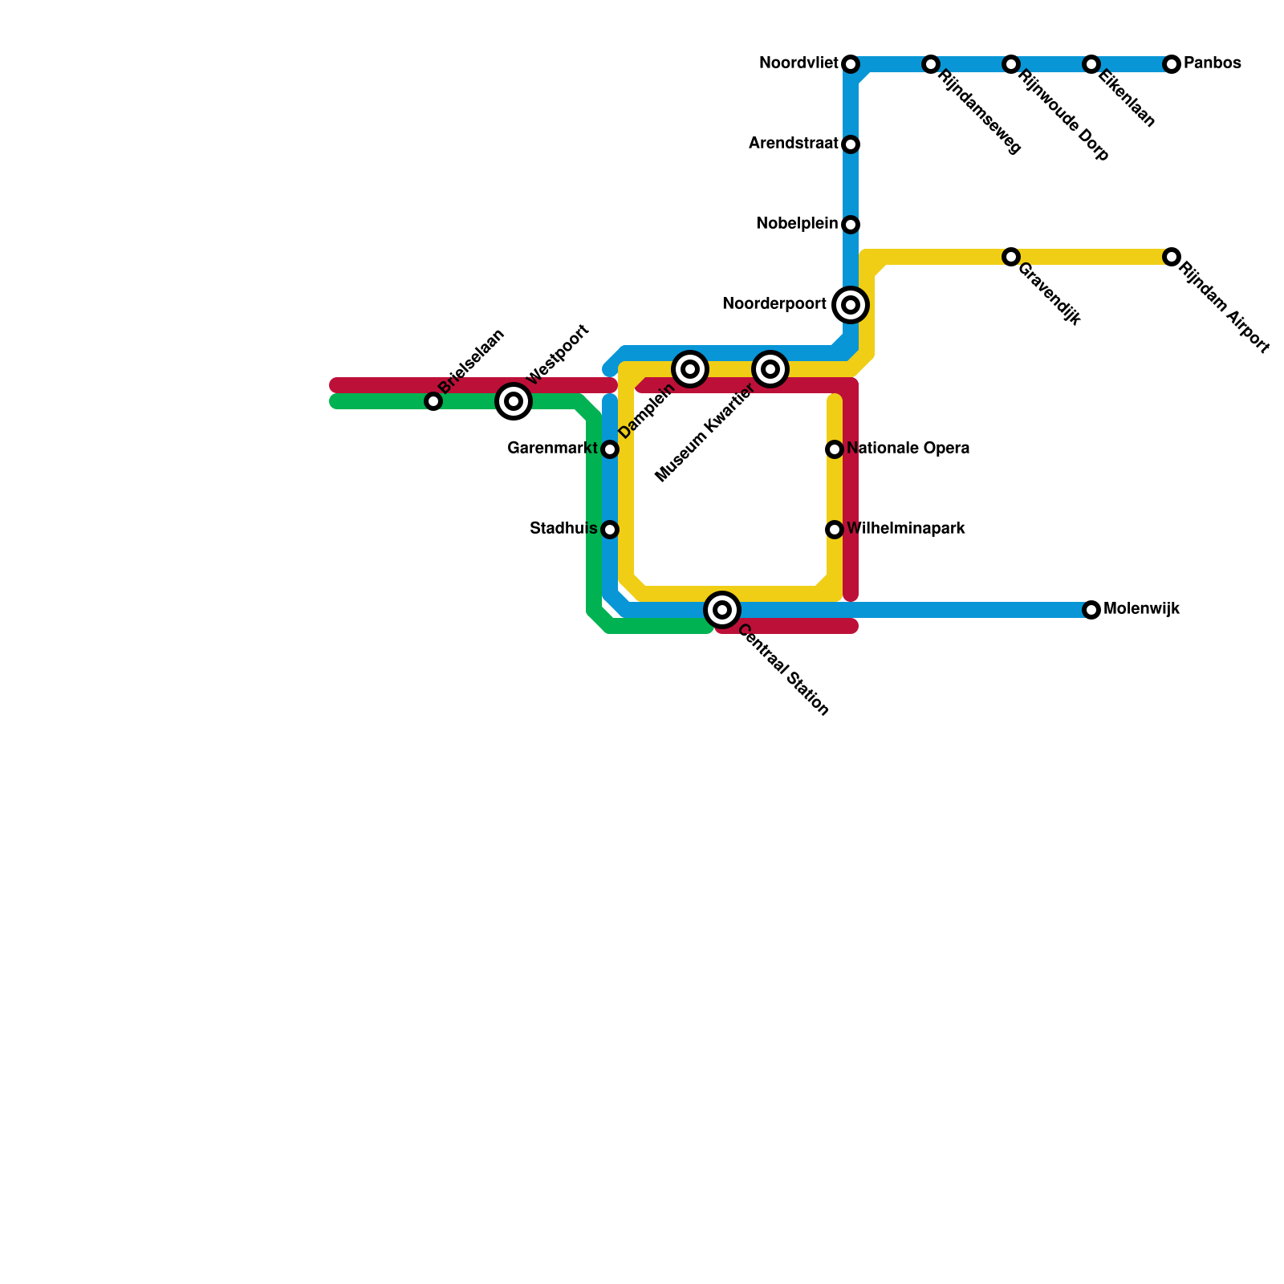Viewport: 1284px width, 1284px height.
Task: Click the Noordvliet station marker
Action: [851, 64]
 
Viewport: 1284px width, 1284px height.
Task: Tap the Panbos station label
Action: [1212, 63]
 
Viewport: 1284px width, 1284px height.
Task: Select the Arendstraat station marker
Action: [851, 144]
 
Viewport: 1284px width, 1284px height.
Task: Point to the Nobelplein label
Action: [796, 224]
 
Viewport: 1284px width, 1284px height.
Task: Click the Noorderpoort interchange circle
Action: [851, 305]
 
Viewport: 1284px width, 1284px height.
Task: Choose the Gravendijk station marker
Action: [1011, 257]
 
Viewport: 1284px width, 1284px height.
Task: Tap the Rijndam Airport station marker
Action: [1172, 257]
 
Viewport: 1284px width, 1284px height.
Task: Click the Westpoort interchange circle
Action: [514, 401]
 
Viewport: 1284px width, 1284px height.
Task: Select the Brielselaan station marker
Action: [433, 401]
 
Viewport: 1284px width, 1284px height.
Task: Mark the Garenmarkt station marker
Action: [610, 449]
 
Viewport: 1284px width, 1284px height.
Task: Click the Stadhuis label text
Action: [563, 529]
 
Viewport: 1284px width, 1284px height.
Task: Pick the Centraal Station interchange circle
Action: [722, 610]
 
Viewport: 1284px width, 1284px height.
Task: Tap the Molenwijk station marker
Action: [1091, 610]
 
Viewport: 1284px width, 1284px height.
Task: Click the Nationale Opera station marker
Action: [835, 449]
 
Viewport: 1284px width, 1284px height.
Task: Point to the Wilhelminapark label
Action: [905, 529]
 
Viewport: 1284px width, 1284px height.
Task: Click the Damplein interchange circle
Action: [690, 369]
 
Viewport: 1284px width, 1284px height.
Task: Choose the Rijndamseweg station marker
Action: [931, 64]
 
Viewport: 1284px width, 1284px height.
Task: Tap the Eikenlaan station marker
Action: [1091, 64]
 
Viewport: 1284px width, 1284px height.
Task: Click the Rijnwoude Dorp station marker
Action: [1011, 64]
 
